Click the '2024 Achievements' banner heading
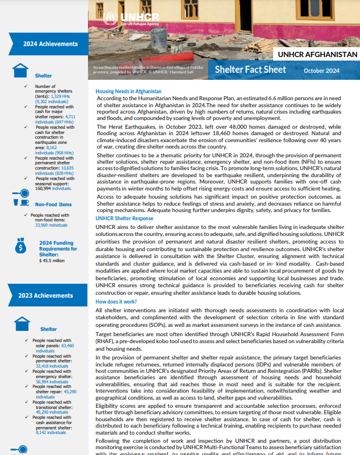50,44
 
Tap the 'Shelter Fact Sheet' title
250,70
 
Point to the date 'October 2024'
321,70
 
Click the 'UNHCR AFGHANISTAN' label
317,54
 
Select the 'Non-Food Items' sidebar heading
53,204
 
